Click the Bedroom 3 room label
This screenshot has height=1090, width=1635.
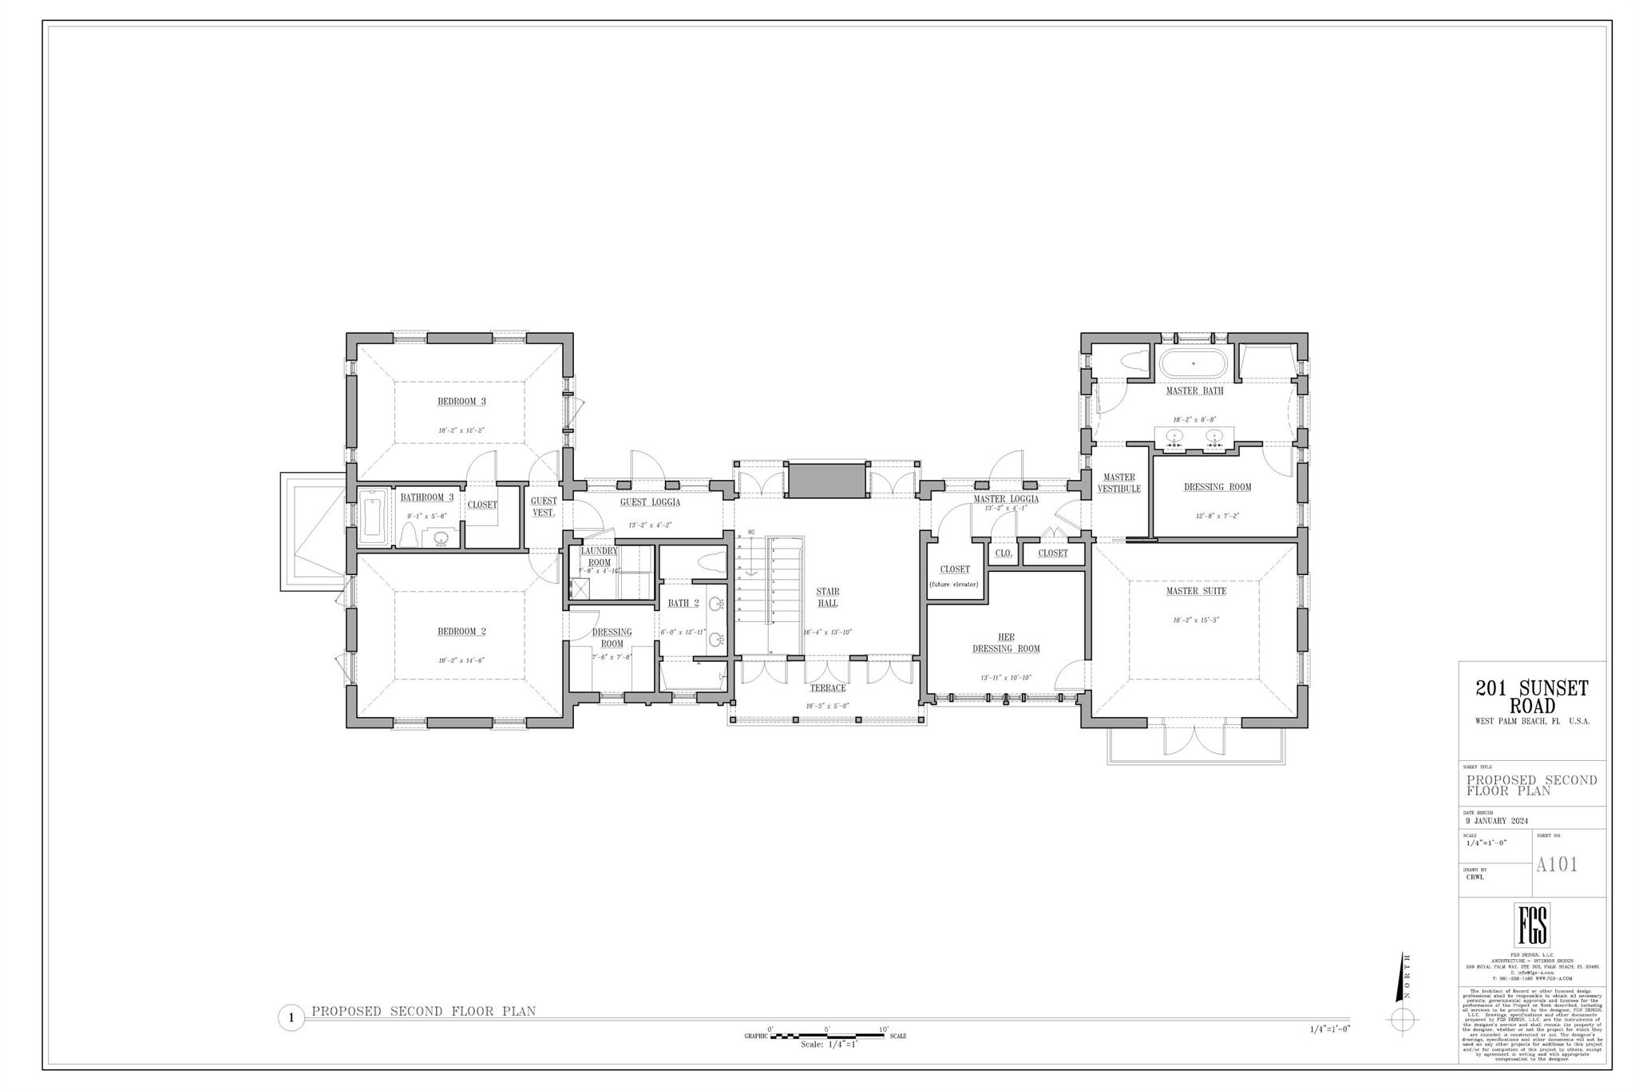pyautogui.click(x=461, y=402)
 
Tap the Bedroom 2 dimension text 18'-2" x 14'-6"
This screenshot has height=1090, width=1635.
pyautogui.click(x=461, y=660)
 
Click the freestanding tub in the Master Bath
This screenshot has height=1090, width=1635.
pyautogui.click(x=1193, y=364)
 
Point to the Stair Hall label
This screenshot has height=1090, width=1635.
pyautogui.click(x=827, y=597)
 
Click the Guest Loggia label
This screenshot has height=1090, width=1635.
pyautogui.click(x=650, y=502)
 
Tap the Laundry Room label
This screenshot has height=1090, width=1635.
pyautogui.click(x=599, y=557)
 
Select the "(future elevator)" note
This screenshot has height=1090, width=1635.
pyautogui.click(x=954, y=584)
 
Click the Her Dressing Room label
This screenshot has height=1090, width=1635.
pyautogui.click(x=1006, y=643)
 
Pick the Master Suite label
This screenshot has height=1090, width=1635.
pyautogui.click(x=1195, y=591)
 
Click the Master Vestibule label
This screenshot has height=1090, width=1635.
pyautogui.click(x=1118, y=483)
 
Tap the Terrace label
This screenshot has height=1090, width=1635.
pyautogui.click(x=827, y=688)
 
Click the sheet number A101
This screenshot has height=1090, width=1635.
pyautogui.click(x=1557, y=865)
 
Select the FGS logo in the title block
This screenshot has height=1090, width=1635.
pyautogui.click(x=1532, y=925)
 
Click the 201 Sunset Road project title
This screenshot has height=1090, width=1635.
pyautogui.click(x=1531, y=696)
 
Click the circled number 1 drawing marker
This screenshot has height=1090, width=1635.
pyautogui.click(x=291, y=1018)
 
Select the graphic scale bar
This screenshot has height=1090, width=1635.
pyautogui.click(x=826, y=1036)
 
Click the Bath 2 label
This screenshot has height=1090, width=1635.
pyautogui.click(x=683, y=603)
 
